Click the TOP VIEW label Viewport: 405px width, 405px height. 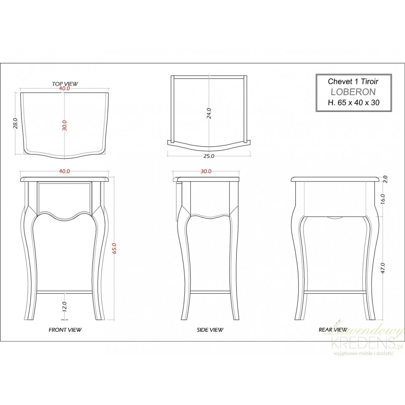tap(65, 84)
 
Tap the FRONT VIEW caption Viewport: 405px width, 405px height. tap(65, 330)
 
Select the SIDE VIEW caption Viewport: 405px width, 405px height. tap(210, 330)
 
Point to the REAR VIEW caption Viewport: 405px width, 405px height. tap(333, 330)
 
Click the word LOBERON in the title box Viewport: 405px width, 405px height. tap(354, 92)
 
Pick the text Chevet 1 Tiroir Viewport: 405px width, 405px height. tap(353, 81)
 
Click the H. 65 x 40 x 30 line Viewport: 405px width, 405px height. tap(354, 103)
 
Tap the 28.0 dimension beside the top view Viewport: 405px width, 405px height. tap(16, 124)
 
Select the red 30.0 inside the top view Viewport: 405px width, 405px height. tap(65, 126)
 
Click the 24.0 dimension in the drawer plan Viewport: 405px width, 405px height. tap(209, 113)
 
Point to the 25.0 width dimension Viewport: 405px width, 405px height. tap(209, 156)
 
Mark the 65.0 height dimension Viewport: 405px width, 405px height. tap(114, 248)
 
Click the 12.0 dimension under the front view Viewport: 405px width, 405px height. tap(65, 307)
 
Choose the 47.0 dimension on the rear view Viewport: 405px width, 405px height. tap(383, 268)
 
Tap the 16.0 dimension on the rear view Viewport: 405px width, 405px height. tap(383, 199)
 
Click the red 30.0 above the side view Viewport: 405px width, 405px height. tap(206, 171)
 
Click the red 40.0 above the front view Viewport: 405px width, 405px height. tap(65, 171)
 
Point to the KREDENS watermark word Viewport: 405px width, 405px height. tap(363, 343)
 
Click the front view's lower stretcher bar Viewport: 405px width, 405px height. tap(65, 292)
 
